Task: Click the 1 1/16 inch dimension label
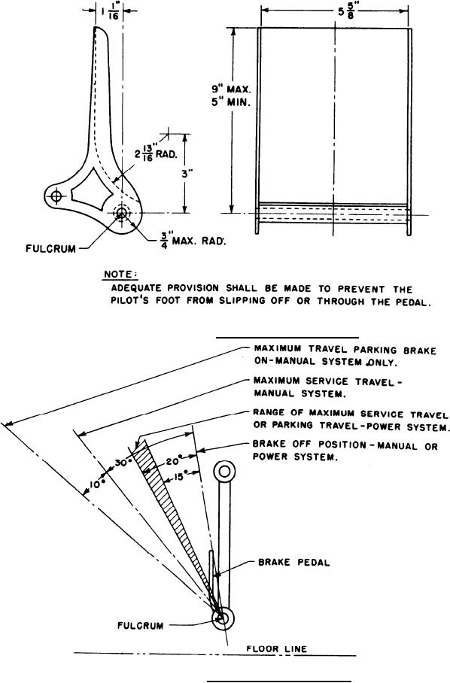click(109, 11)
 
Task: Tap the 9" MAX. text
click(232, 89)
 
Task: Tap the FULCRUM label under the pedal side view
click(50, 249)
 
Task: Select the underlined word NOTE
click(120, 275)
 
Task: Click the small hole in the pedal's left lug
click(56, 196)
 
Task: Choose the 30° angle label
click(123, 463)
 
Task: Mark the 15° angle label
click(178, 477)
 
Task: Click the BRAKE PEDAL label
click(294, 563)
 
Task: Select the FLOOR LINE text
click(277, 649)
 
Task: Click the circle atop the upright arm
click(224, 471)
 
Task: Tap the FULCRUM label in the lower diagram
click(140, 626)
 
